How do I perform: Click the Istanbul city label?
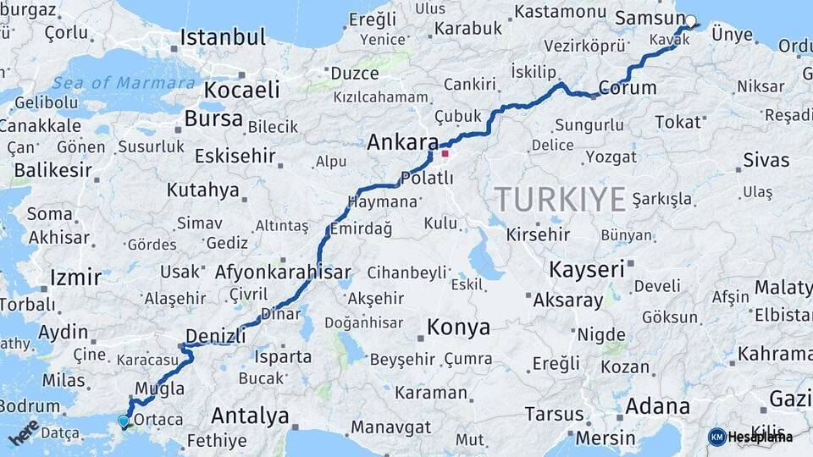tap(223, 37)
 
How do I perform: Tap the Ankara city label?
tap(402, 142)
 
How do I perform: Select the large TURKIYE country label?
tap(561, 199)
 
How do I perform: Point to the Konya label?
tap(458, 327)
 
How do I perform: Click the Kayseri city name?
tap(587, 270)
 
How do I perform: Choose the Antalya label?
tap(250, 416)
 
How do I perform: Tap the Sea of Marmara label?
tap(123, 83)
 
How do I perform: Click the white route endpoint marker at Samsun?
tap(690, 21)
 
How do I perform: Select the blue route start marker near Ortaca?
tap(124, 421)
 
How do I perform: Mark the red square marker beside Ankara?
tap(445, 154)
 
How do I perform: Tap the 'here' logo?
tap(24, 432)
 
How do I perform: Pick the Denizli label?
tap(215, 336)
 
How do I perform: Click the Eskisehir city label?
tap(235, 157)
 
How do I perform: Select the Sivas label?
tap(766, 160)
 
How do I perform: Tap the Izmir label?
tap(75, 278)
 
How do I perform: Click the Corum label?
tap(628, 87)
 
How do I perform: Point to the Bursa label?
tap(213, 118)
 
